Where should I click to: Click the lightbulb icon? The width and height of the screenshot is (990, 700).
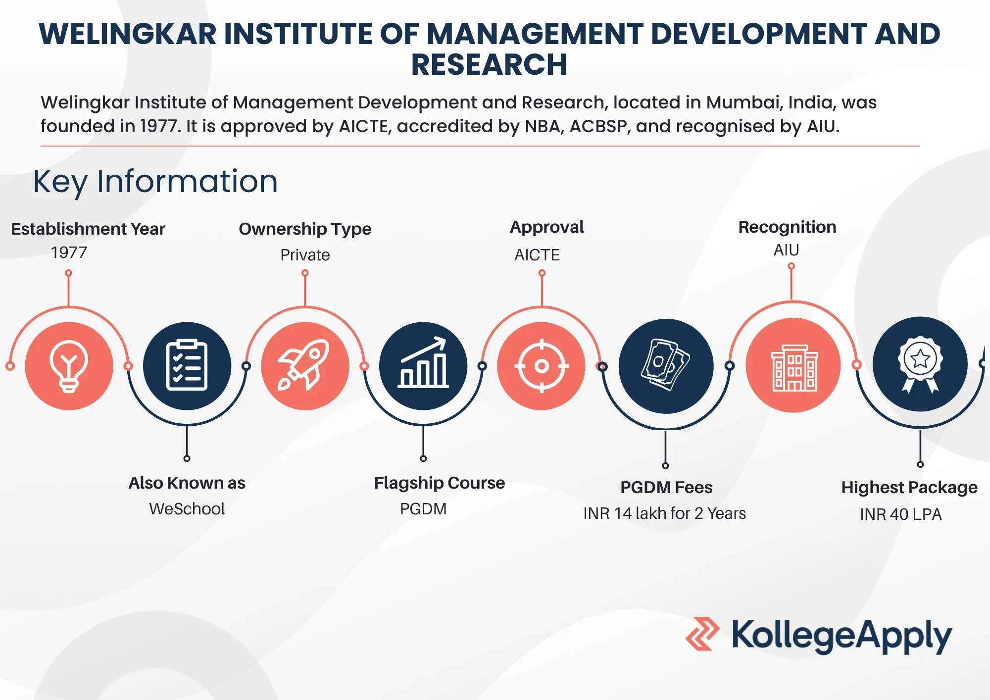coord(69,366)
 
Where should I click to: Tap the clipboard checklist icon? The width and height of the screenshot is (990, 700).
coord(187,365)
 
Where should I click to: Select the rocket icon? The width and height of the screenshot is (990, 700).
coord(304,365)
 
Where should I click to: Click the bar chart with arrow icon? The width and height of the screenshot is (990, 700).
coord(423,362)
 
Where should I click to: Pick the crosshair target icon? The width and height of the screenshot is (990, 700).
coord(542,366)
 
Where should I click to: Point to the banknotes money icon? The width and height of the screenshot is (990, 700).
coord(665,364)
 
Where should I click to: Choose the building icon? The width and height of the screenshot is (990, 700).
coord(794,368)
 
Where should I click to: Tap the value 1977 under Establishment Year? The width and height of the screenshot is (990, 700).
coord(69,252)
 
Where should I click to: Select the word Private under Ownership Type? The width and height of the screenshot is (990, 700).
coord(305,255)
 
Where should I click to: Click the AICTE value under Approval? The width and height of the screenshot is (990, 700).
coord(537,255)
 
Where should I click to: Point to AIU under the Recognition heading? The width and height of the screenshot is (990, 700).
coord(786,250)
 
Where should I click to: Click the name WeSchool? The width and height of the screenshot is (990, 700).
coord(187,509)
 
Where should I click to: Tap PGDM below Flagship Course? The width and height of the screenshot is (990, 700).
coord(423,509)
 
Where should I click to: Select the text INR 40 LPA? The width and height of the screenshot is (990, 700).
coord(900,514)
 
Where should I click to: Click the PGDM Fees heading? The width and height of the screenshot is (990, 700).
coord(666,488)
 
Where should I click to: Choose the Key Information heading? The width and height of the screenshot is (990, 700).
coord(155,182)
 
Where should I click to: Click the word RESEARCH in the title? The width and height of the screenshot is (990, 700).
coord(489,64)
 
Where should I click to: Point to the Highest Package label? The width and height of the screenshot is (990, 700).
coord(909,488)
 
